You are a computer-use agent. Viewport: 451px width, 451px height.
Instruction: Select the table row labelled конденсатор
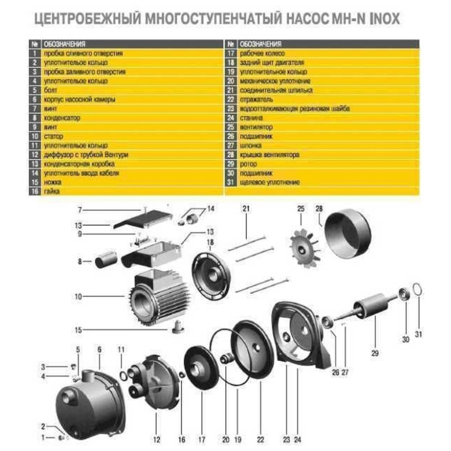pyautogui.click(x=62, y=118)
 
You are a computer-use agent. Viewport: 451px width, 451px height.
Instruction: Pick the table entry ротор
pyautogui.click(x=248, y=163)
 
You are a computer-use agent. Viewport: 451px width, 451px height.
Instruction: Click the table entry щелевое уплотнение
pyautogui.click(x=270, y=182)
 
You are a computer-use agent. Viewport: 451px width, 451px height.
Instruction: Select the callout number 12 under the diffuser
pyautogui.click(x=156, y=437)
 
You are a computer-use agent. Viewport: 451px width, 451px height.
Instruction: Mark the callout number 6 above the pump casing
pyautogui.click(x=99, y=350)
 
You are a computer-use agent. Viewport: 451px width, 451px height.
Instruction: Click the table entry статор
pyautogui.click(x=52, y=136)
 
